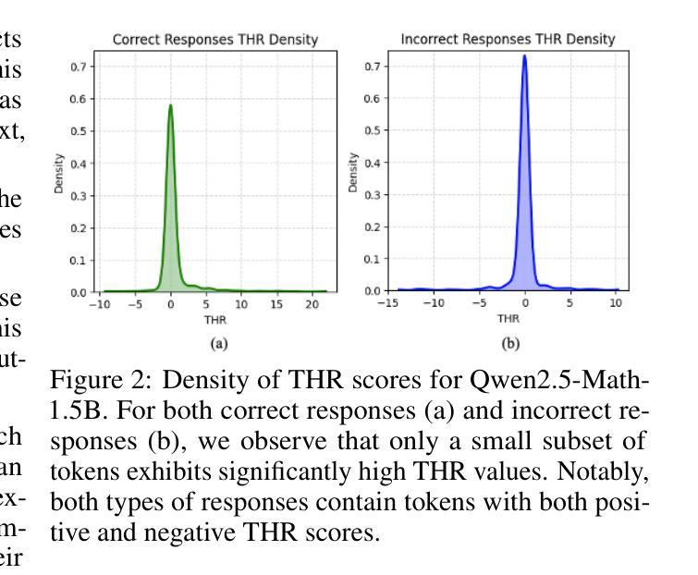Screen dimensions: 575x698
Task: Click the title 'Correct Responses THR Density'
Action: tap(214, 40)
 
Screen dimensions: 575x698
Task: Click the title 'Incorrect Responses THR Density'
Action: tap(508, 39)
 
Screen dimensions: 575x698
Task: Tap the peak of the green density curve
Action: tap(170, 104)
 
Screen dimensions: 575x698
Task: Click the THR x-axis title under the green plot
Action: tap(214, 321)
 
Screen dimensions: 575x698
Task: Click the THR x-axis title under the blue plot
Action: tap(508, 319)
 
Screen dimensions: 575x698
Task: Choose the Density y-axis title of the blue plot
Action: tap(354, 173)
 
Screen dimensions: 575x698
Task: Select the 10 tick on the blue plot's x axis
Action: tap(615, 303)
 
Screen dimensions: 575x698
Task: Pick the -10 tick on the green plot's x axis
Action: tap(103, 304)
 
